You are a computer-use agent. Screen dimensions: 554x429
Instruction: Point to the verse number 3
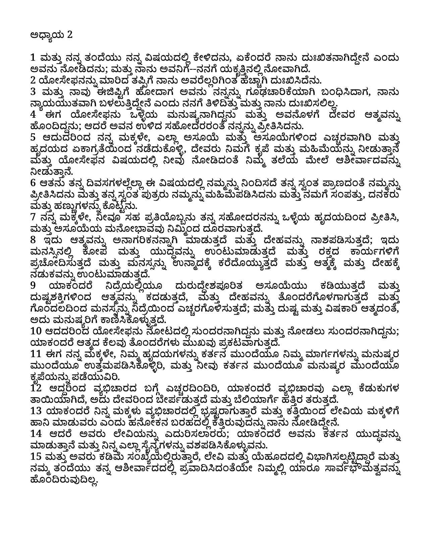coord(33,91)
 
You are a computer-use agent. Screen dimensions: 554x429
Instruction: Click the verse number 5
coord(33,137)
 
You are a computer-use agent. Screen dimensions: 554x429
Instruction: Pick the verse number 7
coord(33,217)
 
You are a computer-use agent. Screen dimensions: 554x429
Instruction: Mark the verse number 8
coord(33,240)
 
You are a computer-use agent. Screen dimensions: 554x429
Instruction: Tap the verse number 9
coord(33,285)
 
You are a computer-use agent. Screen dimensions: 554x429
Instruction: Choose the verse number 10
coord(35,331)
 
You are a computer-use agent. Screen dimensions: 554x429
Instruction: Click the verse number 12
coord(35,388)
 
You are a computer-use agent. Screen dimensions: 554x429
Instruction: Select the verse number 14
coord(35,434)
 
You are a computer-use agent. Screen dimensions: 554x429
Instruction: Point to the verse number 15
coord(35,456)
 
